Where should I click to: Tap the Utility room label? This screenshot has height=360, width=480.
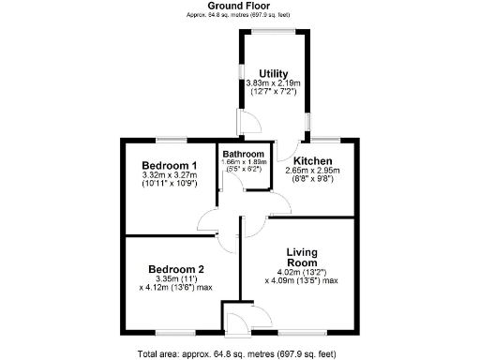tap(274, 73)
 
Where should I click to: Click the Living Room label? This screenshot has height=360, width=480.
tap(300, 257)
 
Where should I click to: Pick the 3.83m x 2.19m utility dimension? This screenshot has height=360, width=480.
tap(274, 83)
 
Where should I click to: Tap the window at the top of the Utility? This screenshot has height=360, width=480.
tap(273, 35)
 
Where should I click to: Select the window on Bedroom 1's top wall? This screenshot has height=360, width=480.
tap(170, 140)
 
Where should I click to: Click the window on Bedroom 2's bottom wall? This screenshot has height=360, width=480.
tap(175, 332)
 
